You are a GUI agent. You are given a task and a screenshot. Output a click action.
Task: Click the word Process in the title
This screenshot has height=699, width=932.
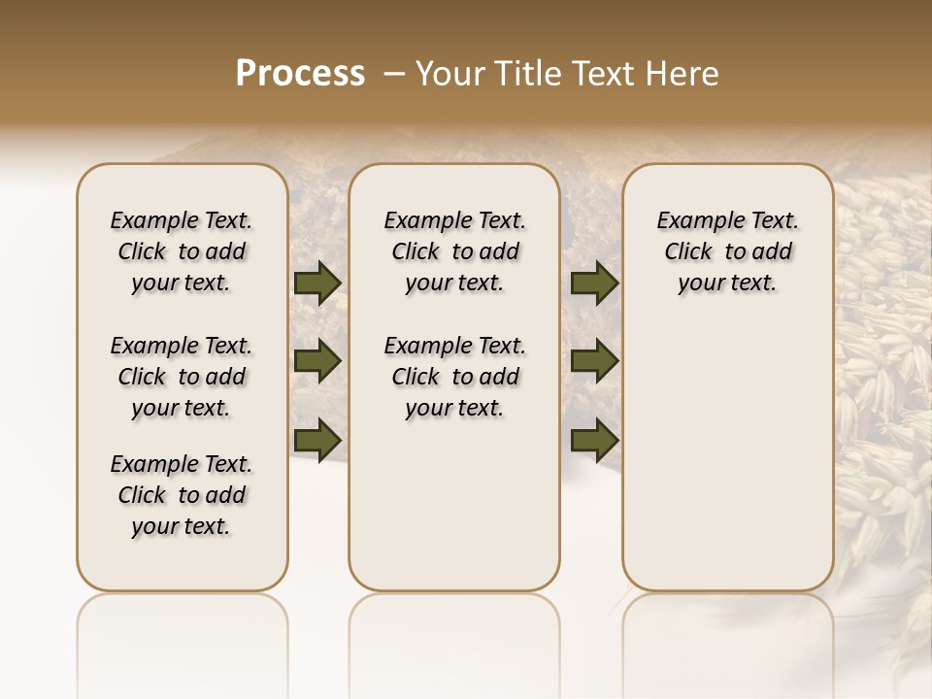[x=300, y=74]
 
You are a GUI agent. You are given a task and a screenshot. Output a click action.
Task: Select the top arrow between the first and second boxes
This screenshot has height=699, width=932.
[x=316, y=283]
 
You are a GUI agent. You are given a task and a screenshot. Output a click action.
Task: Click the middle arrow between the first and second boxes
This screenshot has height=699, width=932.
[x=316, y=361]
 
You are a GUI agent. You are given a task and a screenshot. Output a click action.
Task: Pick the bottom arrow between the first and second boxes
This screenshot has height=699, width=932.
[x=316, y=441]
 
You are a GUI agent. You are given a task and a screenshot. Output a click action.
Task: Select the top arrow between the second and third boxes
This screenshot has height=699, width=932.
[x=594, y=283]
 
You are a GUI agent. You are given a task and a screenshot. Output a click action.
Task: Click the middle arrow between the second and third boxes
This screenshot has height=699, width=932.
[x=594, y=361]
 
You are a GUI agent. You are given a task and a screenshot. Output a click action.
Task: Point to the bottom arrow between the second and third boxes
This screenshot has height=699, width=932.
[x=594, y=441]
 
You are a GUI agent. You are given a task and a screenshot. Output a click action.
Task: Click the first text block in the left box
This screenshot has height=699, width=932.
[x=182, y=251]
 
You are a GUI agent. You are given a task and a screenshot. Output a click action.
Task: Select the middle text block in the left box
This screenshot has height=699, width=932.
[x=182, y=377]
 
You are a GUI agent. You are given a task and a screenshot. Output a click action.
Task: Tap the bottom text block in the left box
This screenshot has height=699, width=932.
[x=182, y=495]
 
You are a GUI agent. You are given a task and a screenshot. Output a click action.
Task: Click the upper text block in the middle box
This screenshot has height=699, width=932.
[x=454, y=251]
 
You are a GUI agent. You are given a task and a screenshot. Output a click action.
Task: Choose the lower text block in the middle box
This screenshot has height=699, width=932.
[x=454, y=377]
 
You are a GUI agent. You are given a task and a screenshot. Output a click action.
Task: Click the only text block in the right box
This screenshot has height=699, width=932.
[x=728, y=251]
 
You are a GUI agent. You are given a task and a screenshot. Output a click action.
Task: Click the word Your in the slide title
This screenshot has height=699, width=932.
[x=449, y=74]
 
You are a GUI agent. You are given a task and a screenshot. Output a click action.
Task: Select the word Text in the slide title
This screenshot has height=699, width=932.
[x=607, y=74]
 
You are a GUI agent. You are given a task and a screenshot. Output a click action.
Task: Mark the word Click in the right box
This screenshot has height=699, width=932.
[x=688, y=252]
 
